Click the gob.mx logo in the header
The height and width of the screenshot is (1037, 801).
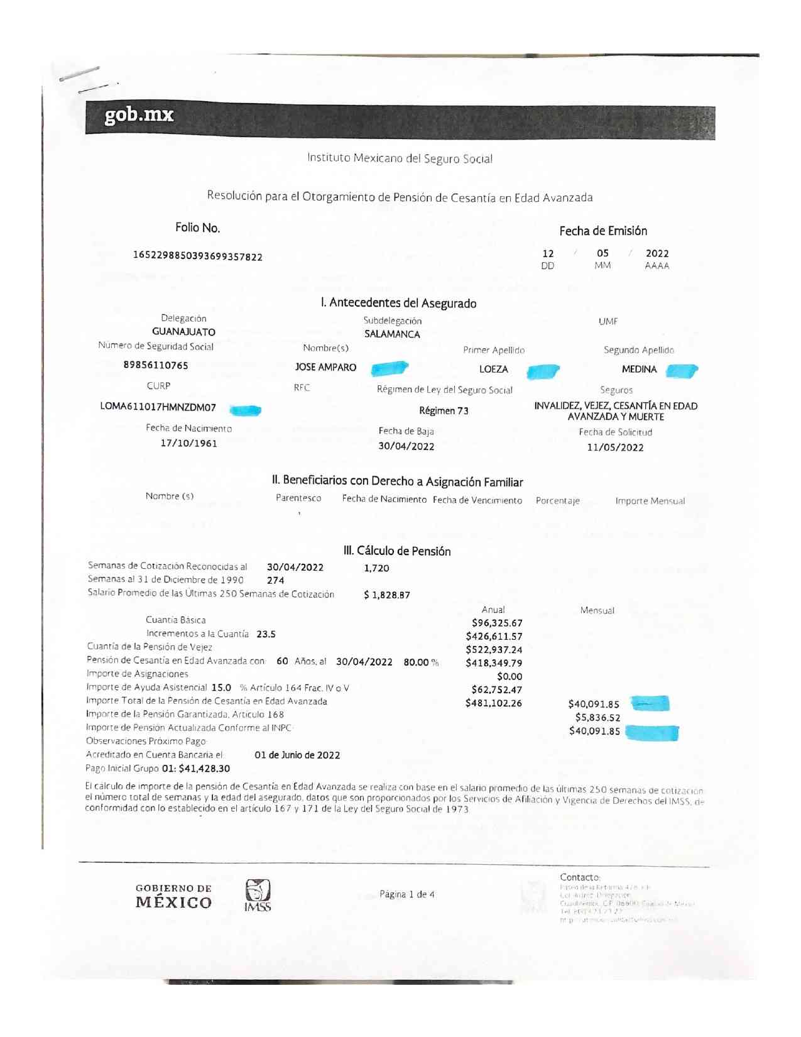139,115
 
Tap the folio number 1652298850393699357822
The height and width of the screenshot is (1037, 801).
197,256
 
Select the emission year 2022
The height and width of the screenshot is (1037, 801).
657,253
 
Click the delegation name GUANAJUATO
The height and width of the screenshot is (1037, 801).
183,332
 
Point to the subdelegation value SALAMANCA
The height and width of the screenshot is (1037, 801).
392,334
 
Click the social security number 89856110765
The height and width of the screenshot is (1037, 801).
156,365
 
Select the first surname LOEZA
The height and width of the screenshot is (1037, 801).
493,370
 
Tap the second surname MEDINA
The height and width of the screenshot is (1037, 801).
639,370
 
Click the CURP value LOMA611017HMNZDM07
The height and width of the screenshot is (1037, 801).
158,407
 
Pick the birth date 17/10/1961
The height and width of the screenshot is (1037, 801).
188,444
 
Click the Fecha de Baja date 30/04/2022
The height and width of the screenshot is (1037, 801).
406,446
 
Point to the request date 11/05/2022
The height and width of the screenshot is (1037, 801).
615,447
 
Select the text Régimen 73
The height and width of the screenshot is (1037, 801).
444,411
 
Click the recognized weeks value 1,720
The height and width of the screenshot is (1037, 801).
376,568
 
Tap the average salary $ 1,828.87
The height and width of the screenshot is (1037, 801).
387,595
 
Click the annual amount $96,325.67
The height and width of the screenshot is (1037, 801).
497,623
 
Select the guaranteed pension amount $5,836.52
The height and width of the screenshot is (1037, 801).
597,718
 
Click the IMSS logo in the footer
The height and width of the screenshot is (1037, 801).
258,896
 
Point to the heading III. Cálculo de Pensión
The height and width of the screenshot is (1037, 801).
396,551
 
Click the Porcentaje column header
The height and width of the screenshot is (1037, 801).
557,501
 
